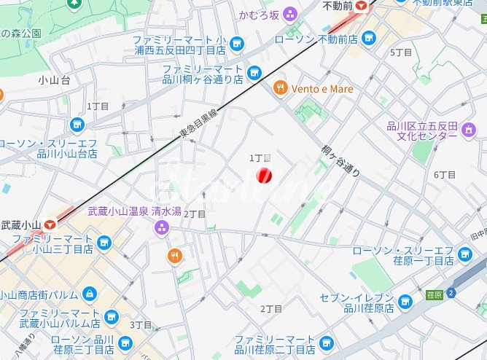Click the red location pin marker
(x=265, y=175)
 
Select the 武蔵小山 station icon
(x=50, y=225)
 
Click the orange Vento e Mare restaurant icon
(x=279, y=89)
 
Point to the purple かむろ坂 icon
(x=290, y=13)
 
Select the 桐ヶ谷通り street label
(x=340, y=160)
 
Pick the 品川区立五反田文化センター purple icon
(x=470, y=130)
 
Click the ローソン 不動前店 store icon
(x=369, y=36)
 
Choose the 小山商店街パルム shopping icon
(x=89, y=294)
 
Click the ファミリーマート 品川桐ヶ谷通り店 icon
(x=254, y=72)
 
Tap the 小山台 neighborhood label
(x=55, y=80)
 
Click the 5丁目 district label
(x=401, y=52)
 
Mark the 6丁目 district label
(x=444, y=175)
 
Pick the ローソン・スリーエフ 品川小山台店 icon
(x=77, y=125)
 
